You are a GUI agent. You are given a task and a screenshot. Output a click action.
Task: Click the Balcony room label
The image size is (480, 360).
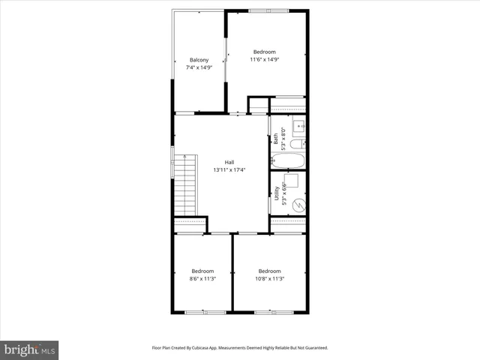(199, 60)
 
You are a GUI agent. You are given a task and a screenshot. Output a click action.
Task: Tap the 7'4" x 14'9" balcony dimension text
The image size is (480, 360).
(199, 67)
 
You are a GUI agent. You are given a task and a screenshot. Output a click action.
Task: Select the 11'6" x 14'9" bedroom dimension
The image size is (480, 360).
(265, 59)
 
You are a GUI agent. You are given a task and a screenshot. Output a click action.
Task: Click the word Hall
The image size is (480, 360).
(229, 162)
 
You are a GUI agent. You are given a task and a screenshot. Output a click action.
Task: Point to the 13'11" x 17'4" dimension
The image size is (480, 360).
(229, 169)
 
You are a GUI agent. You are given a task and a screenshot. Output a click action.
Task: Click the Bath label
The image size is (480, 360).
(276, 137)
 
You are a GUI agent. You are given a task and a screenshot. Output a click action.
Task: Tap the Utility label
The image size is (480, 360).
(277, 195)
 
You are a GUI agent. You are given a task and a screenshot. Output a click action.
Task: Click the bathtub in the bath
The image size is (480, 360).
(288, 161)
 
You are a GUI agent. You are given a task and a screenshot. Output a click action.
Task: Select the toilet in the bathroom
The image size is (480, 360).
(298, 145)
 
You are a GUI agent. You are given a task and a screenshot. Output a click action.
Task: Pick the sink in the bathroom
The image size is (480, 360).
(298, 126)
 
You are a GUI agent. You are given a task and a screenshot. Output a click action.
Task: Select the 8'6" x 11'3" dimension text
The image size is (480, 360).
(202, 278)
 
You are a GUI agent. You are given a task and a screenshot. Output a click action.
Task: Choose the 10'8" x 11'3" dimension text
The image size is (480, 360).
(269, 278)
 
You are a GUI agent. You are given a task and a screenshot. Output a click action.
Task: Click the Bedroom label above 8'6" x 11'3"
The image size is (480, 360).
(202, 271)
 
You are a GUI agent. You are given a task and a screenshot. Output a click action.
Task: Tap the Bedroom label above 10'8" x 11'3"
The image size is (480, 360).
(269, 271)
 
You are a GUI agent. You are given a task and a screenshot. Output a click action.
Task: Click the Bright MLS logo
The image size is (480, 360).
(30, 349)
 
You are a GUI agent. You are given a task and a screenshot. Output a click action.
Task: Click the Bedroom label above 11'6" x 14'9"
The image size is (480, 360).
(265, 52)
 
